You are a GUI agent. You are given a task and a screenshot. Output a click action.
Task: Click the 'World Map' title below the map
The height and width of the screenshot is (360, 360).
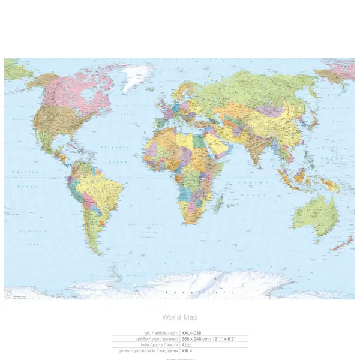click(179, 317)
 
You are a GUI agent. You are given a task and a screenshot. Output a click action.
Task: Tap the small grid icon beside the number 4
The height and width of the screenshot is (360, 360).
click(189, 346)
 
